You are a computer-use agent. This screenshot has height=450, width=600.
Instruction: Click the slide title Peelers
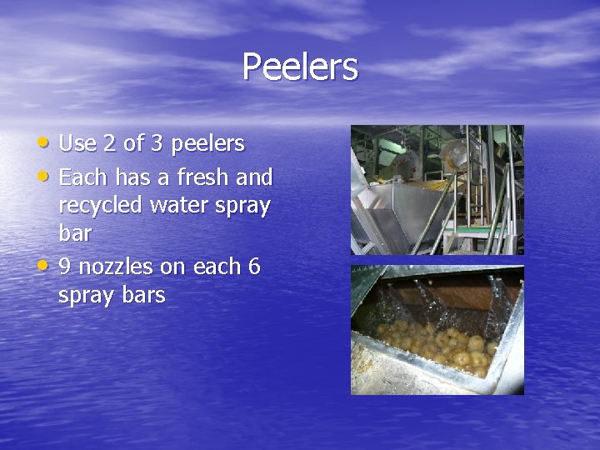(x=300, y=67)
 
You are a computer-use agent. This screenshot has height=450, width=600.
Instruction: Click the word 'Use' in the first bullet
(x=77, y=144)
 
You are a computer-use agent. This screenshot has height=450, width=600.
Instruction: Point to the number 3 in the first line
(x=157, y=144)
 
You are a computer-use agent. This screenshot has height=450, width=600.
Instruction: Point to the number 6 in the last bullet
(x=253, y=267)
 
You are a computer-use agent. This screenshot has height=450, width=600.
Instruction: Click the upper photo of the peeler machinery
(x=437, y=190)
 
